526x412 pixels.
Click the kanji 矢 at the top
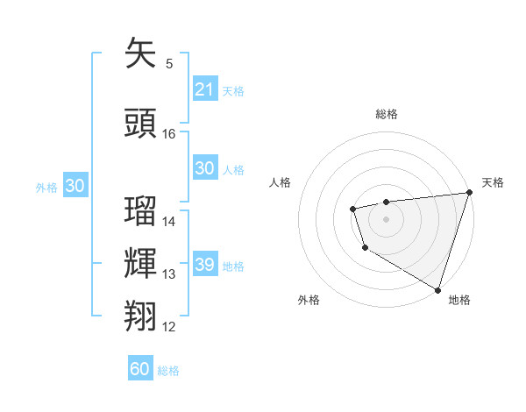point(140,53)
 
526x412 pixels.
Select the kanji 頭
point(140,124)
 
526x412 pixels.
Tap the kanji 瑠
point(140,211)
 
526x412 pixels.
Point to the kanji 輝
point(140,264)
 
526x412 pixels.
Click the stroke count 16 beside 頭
point(169,134)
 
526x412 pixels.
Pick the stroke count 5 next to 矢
point(169,64)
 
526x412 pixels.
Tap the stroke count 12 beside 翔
point(169,327)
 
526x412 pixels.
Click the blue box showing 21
point(204,89)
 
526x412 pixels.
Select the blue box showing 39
point(204,265)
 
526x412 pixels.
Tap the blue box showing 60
point(140,369)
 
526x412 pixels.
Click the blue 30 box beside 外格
point(75,186)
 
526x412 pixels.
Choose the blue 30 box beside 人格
point(204,168)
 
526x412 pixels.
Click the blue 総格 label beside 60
point(168,371)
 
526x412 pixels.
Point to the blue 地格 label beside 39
point(233,266)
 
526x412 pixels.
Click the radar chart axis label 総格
point(386,114)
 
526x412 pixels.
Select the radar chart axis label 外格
point(309,300)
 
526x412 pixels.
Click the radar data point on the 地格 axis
point(437,288)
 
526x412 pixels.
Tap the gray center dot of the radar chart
point(386,218)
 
